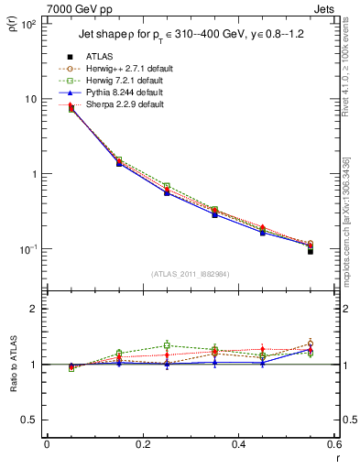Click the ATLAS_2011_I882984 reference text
[191, 274]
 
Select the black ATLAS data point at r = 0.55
[311, 251]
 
